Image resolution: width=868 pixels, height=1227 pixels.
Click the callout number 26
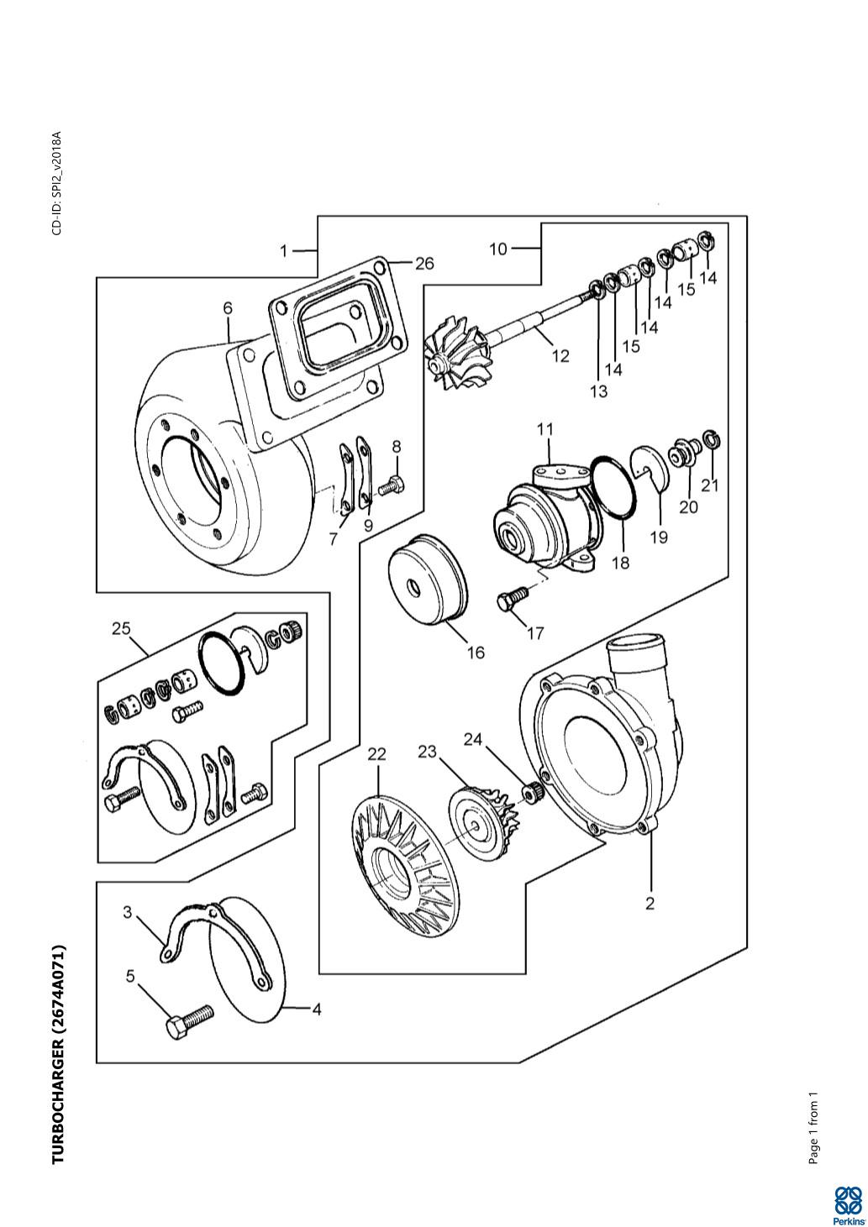[424, 264]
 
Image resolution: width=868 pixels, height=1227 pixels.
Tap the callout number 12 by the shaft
[560, 356]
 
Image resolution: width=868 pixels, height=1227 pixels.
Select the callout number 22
[377, 754]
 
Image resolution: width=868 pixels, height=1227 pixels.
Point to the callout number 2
[650, 904]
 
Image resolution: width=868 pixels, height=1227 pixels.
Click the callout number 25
[121, 628]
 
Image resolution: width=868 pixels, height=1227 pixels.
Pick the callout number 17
[535, 633]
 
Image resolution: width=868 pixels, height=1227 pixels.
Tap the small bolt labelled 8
[392, 485]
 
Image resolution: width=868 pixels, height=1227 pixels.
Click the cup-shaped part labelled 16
[428, 577]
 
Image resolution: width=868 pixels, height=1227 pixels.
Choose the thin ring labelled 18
[613, 486]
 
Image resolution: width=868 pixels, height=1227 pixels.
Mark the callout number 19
[660, 537]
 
